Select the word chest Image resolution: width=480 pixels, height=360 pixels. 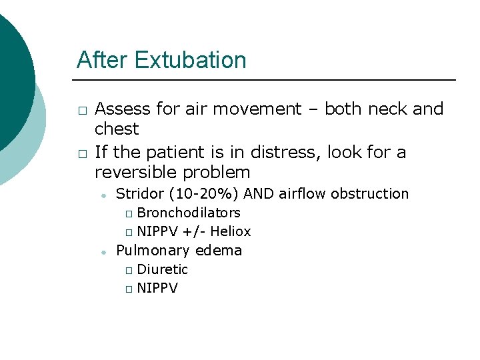coord(117,129)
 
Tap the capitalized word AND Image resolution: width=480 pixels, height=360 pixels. coord(260,194)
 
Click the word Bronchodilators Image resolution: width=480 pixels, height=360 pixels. coord(189,213)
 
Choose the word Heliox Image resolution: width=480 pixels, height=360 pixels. coord(231,232)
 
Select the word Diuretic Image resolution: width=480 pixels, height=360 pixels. coord(162,269)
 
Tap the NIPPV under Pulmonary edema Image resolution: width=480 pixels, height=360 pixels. coord(157,289)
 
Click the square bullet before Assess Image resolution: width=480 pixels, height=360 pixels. coord(81,110)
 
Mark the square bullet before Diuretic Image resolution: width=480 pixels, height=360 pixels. coord(129,270)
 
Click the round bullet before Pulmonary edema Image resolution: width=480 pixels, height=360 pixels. coord(103,252)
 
